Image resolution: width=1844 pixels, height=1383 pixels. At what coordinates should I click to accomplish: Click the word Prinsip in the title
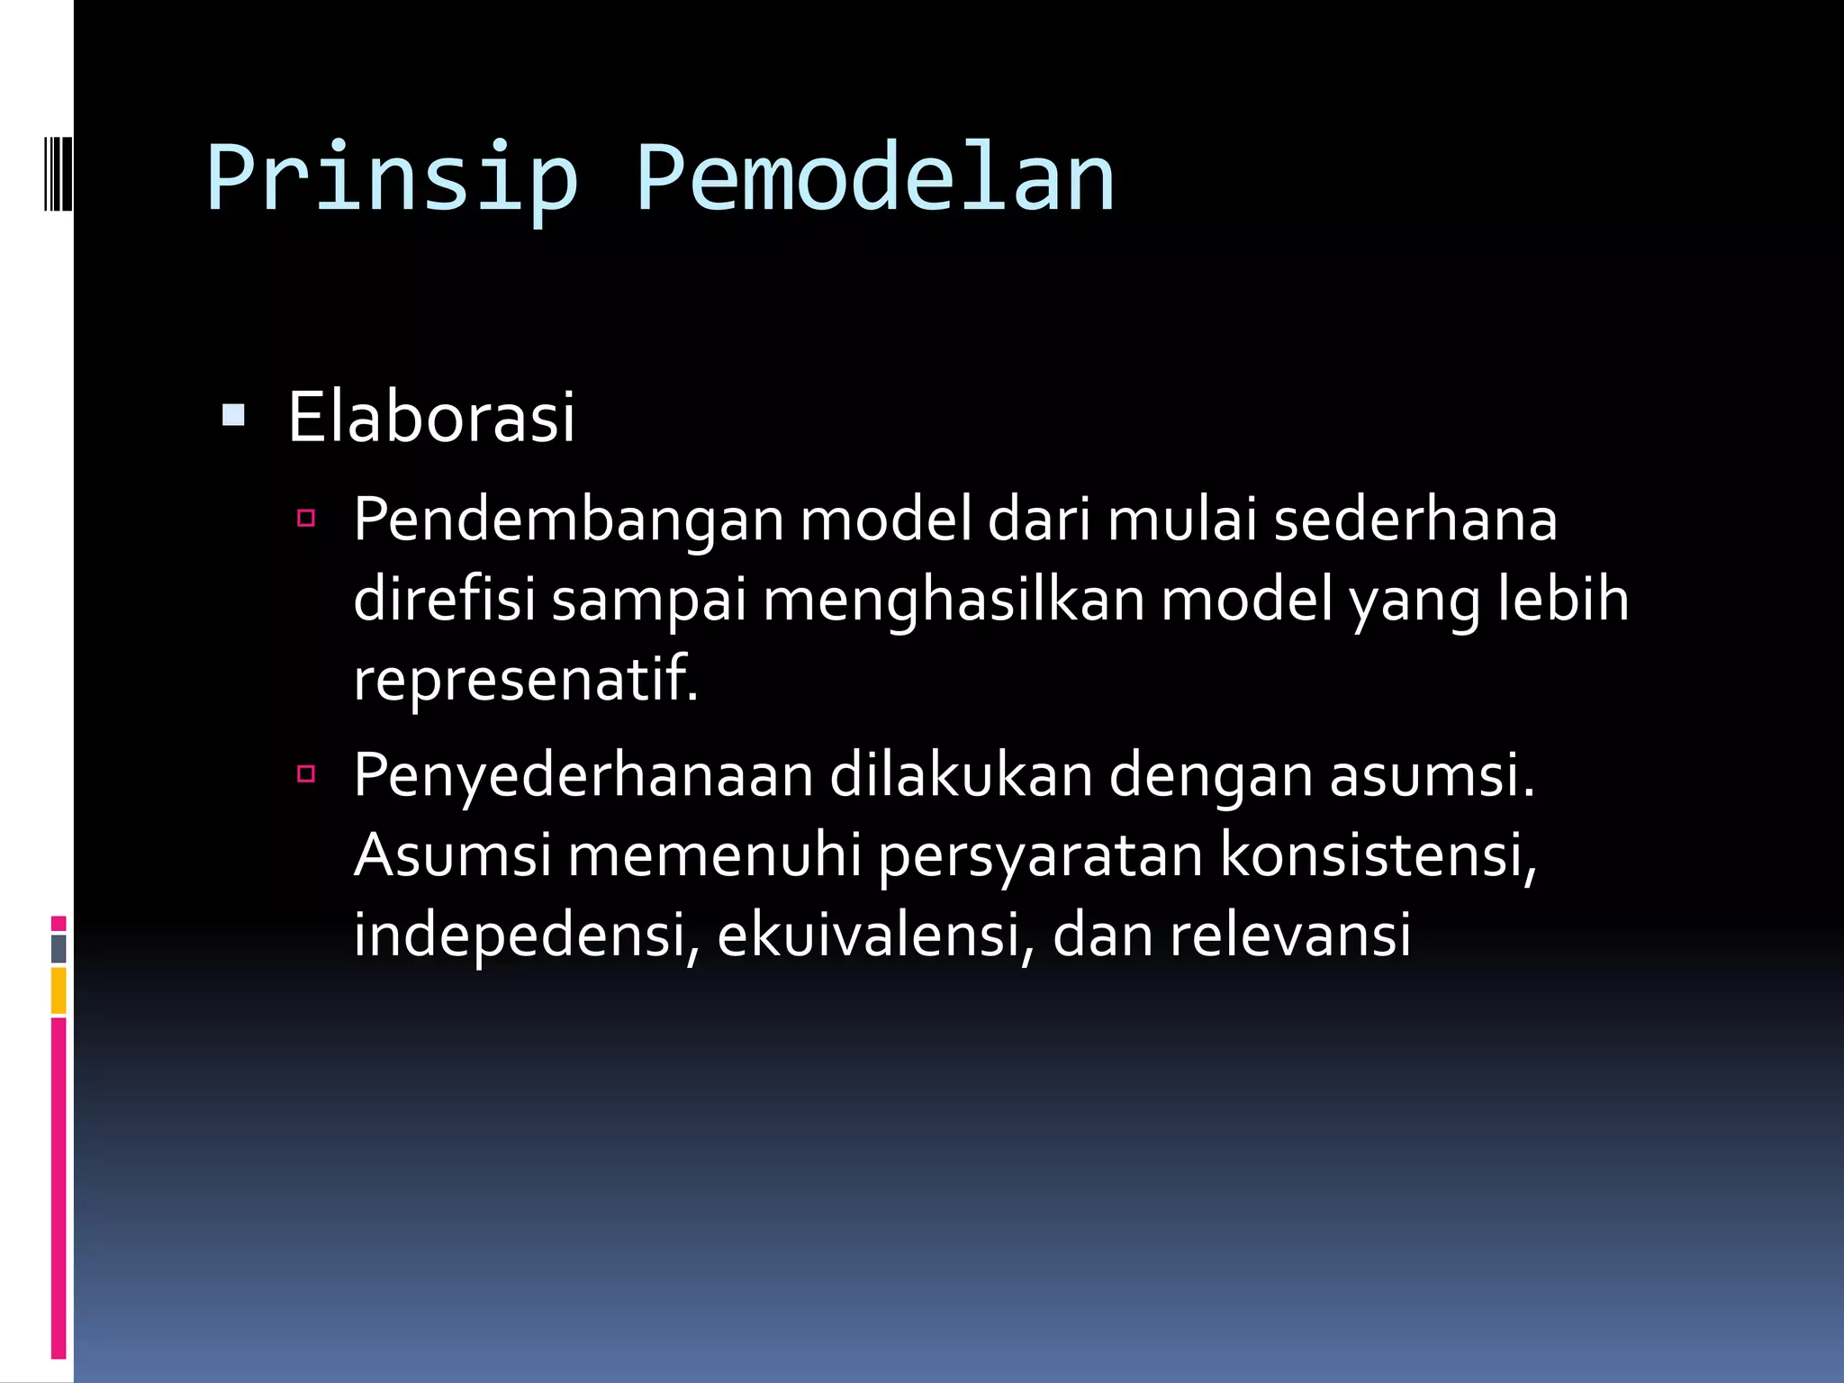tap(392, 178)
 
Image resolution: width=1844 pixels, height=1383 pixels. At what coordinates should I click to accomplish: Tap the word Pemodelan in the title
tap(875, 178)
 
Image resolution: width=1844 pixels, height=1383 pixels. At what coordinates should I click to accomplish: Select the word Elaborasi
tap(431, 418)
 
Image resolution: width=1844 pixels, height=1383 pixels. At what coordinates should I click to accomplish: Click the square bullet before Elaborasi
tap(233, 415)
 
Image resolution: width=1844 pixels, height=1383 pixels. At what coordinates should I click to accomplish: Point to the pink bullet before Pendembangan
tap(306, 518)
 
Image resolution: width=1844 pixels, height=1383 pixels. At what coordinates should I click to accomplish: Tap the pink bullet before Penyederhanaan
tap(306, 773)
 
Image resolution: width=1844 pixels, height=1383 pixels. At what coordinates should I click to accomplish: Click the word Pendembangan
tap(568, 521)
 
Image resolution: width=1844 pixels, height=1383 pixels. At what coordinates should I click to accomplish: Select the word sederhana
tap(1415, 520)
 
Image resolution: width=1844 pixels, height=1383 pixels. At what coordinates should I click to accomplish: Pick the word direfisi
tap(445, 600)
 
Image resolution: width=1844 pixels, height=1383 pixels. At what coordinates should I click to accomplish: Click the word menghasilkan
tap(954, 601)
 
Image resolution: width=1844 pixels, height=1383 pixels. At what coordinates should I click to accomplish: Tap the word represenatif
tap(525, 680)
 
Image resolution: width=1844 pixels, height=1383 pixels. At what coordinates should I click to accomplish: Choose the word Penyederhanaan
tap(583, 776)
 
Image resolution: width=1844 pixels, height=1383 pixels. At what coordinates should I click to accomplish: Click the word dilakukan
tap(961, 774)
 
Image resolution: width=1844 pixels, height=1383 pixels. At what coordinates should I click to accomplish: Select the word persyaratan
tap(1040, 855)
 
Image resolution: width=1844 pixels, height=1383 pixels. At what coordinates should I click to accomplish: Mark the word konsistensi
tap(1378, 854)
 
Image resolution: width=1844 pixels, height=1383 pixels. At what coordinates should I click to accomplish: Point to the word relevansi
tap(1289, 935)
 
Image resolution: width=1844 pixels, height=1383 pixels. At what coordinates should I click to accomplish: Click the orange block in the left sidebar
tap(59, 990)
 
